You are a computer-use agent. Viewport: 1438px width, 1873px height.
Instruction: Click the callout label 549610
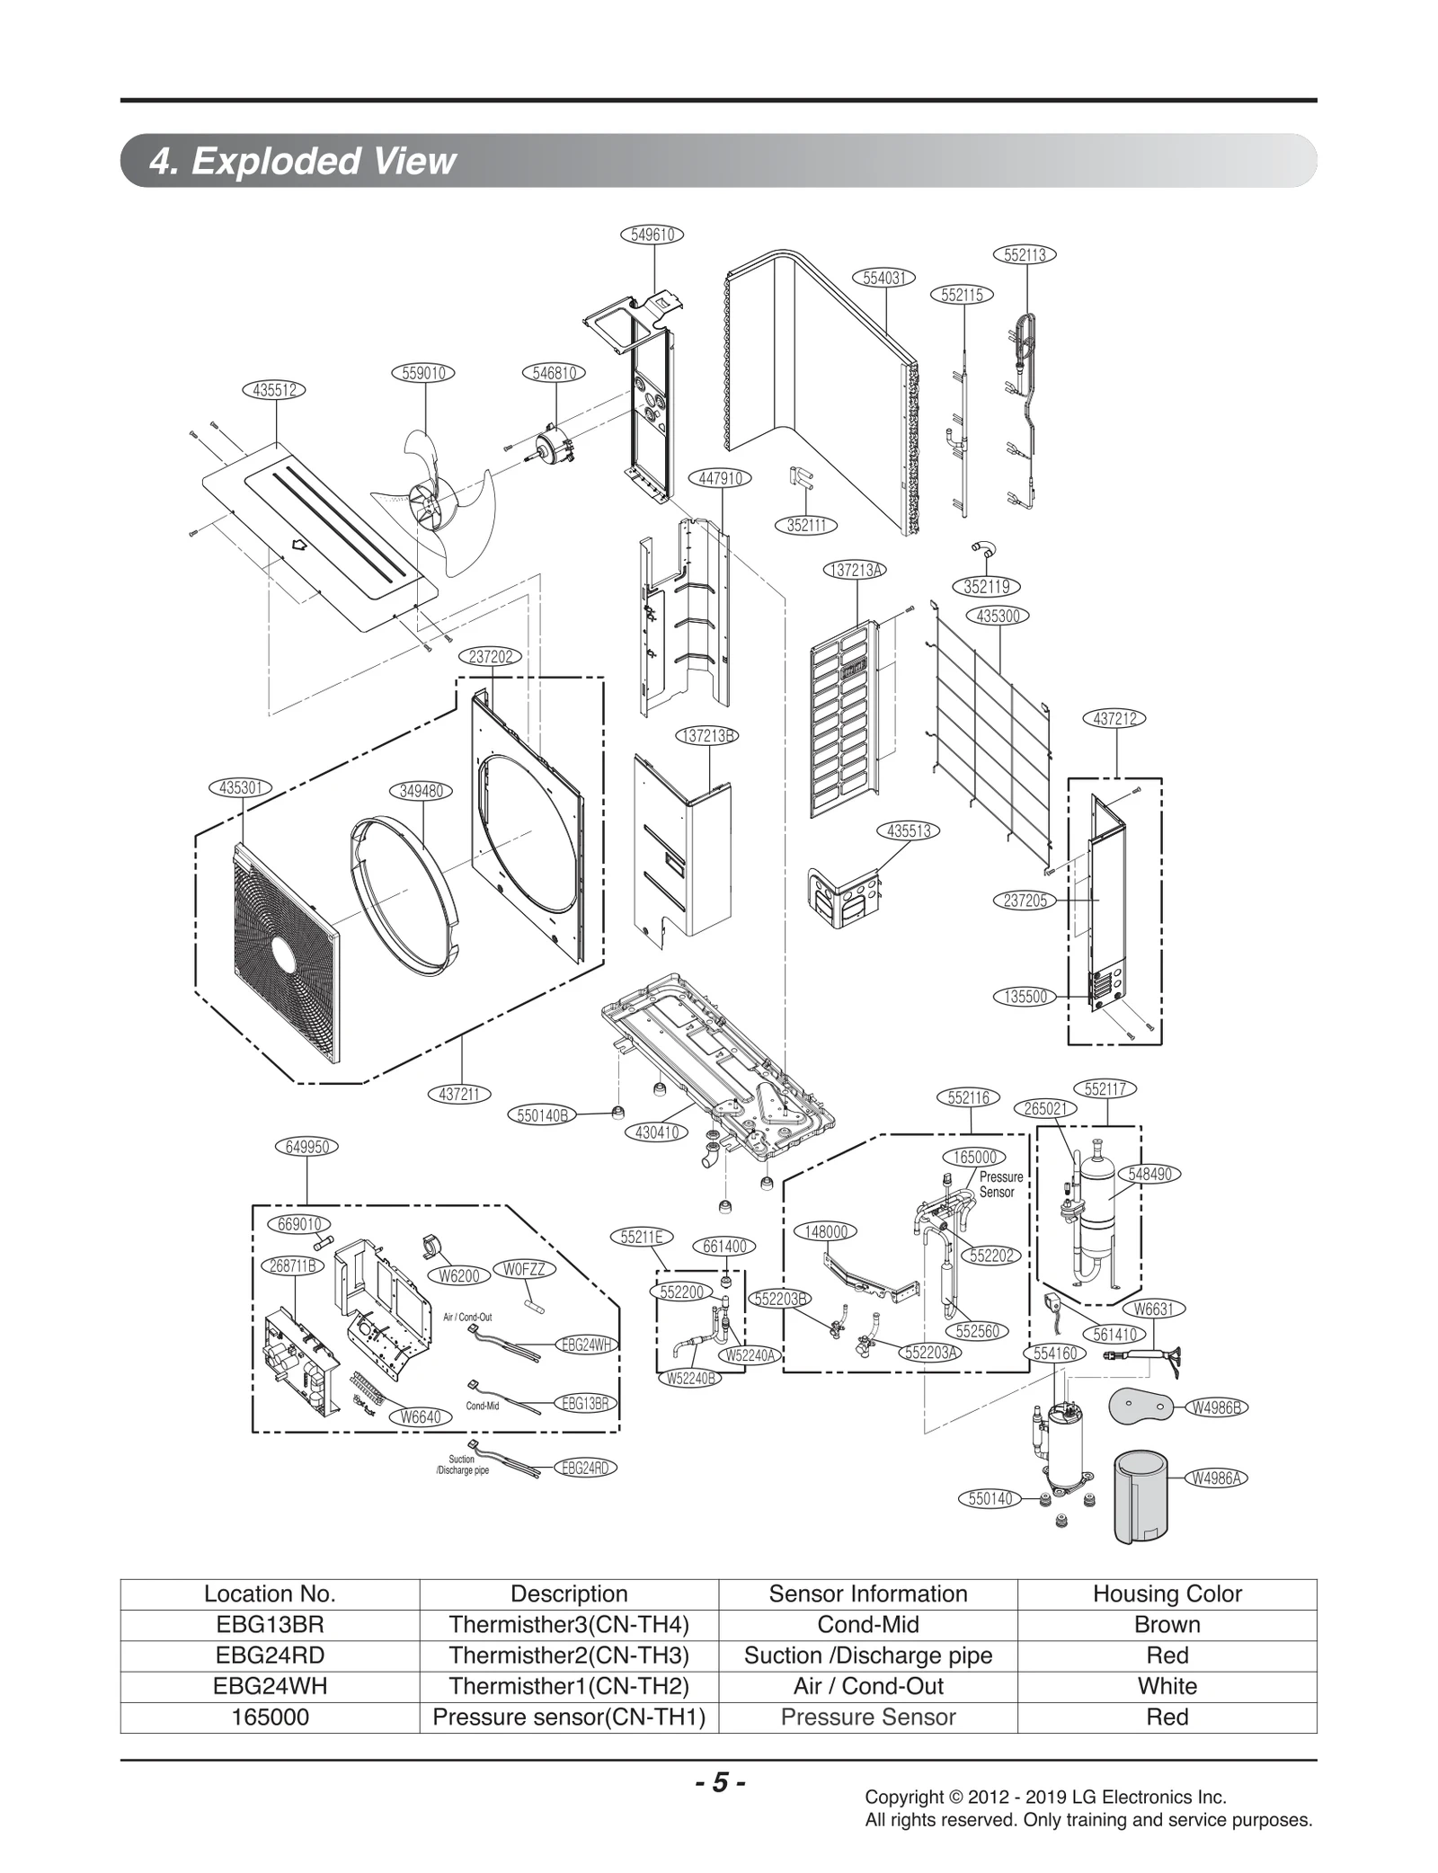[652, 235]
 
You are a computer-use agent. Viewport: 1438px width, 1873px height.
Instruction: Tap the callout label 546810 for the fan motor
[554, 373]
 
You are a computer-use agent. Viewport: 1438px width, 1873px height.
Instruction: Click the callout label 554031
[883, 278]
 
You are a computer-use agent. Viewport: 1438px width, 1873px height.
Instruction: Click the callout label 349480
[421, 791]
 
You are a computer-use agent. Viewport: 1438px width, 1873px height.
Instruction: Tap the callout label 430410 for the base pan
[656, 1132]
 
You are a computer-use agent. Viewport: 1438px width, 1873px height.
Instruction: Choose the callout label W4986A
[1217, 1477]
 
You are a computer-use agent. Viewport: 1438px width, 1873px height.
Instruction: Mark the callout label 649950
[306, 1147]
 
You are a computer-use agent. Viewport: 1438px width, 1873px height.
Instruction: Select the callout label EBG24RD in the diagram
[584, 1468]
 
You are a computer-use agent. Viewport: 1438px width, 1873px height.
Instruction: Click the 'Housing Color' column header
[1167, 1593]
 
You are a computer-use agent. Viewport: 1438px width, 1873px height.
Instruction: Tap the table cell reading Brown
[1167, 1624]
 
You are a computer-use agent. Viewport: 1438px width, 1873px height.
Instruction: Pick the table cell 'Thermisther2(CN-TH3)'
[568, 1655]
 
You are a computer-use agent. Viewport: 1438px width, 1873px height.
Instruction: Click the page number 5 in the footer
[719, 1782]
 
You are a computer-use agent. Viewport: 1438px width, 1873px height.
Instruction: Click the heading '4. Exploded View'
[304, 161]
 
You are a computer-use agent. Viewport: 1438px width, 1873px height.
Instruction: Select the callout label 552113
[1024, 254]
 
